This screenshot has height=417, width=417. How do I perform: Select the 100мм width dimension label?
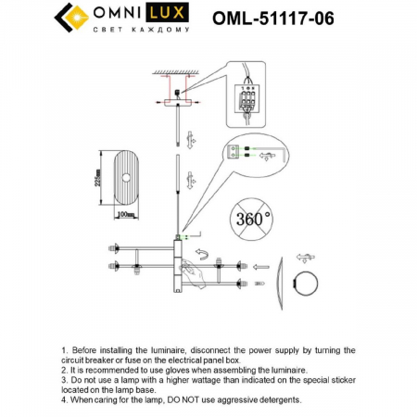[x=127, y=215]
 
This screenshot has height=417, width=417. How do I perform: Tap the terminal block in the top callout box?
[x=247, y=98]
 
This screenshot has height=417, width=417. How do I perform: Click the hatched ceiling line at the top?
[x=175, y=71]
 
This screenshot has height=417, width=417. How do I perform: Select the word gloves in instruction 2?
[x=187, y=367]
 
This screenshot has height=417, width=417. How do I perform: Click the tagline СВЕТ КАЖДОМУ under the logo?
[x=141, y=31]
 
